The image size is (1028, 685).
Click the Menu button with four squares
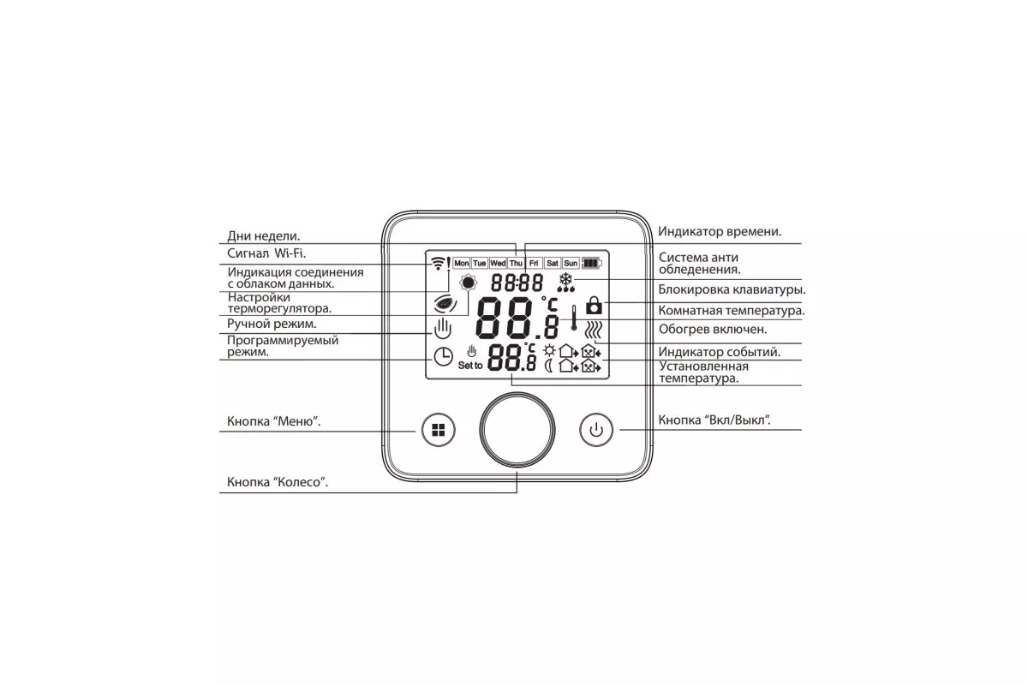click(x=439, y=430)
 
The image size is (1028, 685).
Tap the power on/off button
click(x=595, y=430)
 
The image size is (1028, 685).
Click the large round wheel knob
click(x=517, y=430)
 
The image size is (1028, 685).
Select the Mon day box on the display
click(x=461, y=264)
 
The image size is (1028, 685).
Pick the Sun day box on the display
click(x=571, y=264)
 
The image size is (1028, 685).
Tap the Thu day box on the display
click(x=516, y=264)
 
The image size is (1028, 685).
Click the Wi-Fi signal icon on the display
click(x=439, y=263)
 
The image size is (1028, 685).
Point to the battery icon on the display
click(x=592, y=264)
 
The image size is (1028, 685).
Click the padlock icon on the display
click(x=594, y=305)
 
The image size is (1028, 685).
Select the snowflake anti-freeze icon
click(x=566, y=283)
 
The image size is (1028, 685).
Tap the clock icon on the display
click(x=444, y=356)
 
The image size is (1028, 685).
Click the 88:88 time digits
click(x=517, y=283)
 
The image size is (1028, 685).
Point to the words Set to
click(x=470, y=366)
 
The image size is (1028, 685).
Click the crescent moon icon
click(x=548, y=366)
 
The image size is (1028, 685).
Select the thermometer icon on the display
click(x=574, y=318)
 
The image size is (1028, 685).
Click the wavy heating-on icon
click(x=594, y=330)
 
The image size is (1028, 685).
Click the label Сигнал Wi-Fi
click(x=266, y=253)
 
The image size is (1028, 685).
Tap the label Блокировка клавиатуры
click(x=732, y=290)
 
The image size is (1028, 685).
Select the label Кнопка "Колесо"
click(x=278, y=482)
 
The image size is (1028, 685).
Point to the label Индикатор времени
click(x=720, y=232)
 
